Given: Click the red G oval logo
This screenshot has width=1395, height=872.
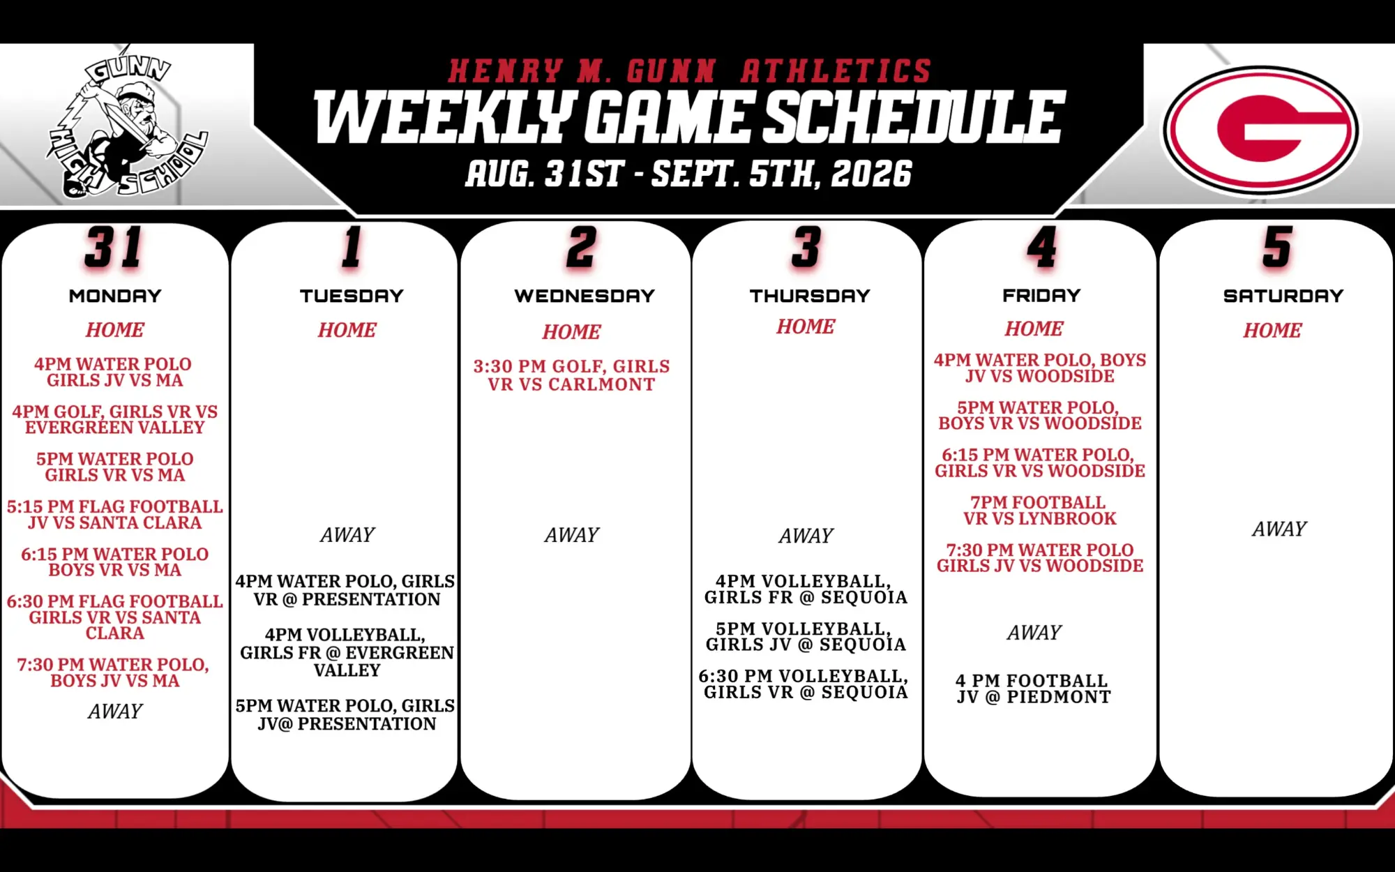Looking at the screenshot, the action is pyautogui.click(x=1260, y=130).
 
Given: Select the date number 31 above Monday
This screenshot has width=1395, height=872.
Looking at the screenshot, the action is pyautogui.click(x=114, y=247).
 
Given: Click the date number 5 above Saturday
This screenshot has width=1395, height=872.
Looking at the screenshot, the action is pyautogui.click(x=1277, y=247).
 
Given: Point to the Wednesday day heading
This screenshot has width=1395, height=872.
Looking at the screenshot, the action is pyautogui.click(x=585, y=296).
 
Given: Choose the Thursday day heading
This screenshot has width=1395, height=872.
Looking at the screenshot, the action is pyautogui.click(x=810, y=296).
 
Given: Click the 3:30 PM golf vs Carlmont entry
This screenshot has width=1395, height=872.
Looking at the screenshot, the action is pyautogui.click(x=571, y=375).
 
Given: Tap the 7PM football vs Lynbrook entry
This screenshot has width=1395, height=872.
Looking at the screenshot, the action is pyautogui.click(x=1039, y=511).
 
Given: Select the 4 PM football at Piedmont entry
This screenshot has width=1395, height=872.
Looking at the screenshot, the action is pyautogui.click(x=1034, y=689).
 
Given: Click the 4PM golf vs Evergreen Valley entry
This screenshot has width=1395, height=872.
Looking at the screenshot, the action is pyautogui.click(x=115, y=419).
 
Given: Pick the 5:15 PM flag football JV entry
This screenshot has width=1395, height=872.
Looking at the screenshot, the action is pyautogui.click(x=115, y=514).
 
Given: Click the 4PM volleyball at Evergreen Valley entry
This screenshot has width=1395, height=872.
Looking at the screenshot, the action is pyautogui.click(x=347, y=652).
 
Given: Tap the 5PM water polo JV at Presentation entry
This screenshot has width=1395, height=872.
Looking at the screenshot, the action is pyautogui.click(x=345, y=714).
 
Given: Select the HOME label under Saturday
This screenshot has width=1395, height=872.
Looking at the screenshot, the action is pyautogui.click(x=1272, y=331).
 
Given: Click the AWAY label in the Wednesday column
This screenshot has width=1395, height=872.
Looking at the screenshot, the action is pyautogui.click(x=571, y=535).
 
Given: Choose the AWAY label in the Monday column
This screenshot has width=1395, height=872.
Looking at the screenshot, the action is pyautogui.click(x=115, y=712).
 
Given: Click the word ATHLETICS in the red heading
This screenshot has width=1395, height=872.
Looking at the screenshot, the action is pyautogui.click(x=836, y=71).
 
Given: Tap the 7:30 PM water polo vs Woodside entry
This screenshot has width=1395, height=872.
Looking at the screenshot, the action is pyautogui.click(x=1039, y=558).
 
